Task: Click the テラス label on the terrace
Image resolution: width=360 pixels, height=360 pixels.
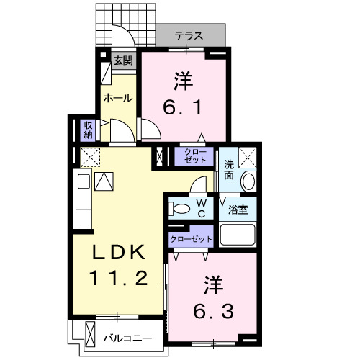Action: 189,35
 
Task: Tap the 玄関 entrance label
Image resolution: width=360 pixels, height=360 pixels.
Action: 122,60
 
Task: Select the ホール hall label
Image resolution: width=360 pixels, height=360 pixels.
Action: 118,97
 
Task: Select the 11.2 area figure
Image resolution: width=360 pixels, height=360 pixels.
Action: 120,277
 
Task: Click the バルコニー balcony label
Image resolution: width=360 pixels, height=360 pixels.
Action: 127,337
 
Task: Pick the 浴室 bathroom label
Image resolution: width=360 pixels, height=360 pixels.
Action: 238,210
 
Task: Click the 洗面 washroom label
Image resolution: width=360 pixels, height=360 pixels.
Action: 228,169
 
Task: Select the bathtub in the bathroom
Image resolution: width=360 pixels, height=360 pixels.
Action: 238,235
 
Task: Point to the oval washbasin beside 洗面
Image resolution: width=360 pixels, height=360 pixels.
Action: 248,181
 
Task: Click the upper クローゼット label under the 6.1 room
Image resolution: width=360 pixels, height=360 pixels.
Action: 194,156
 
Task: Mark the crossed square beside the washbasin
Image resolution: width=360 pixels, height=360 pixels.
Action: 248,156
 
